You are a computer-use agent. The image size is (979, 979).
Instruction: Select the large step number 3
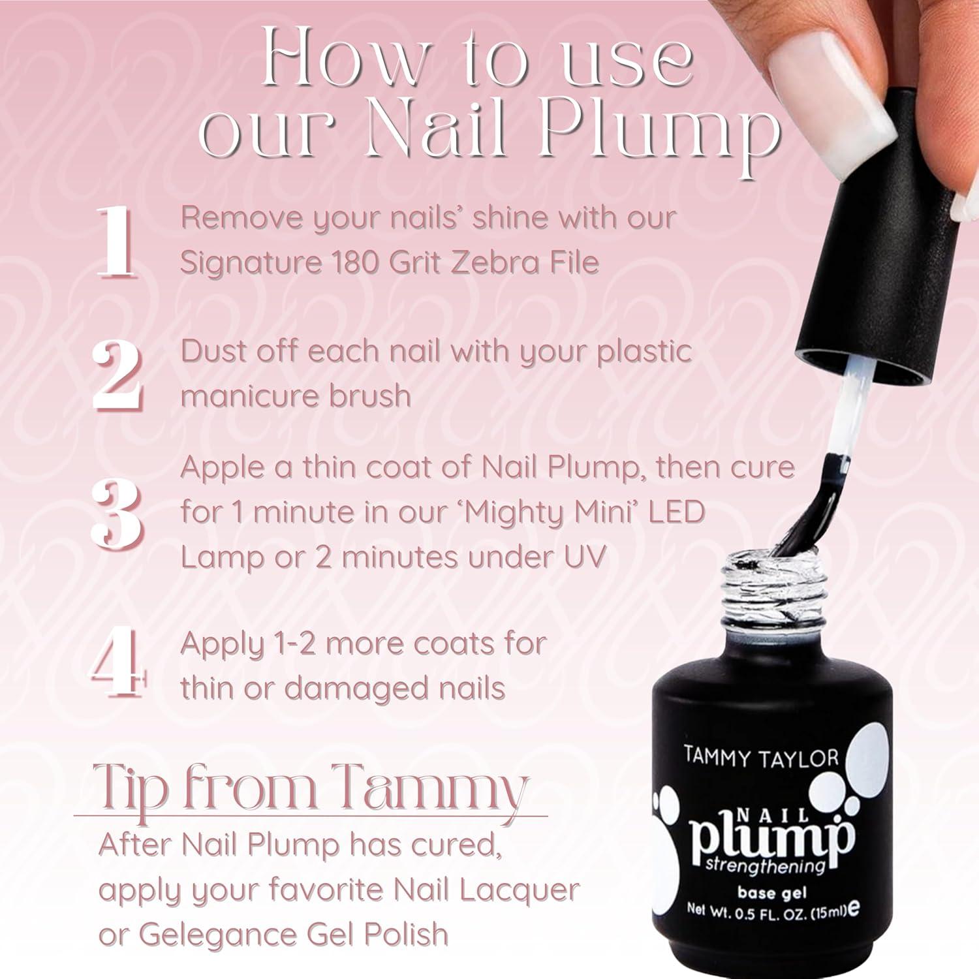[x=117, y=514]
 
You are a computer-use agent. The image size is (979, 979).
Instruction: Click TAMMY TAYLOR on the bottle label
[x=760, y=757]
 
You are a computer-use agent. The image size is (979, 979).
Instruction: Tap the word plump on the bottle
[x=770, y=839]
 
